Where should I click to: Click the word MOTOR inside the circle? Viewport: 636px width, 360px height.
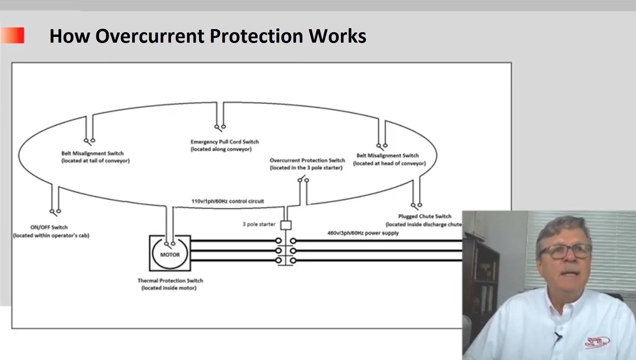(170, 255)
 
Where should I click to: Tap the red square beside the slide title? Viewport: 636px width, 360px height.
(14, 36)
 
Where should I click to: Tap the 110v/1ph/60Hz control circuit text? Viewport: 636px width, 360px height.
(227, 201)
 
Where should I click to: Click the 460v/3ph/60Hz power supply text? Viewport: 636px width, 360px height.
(363, 233)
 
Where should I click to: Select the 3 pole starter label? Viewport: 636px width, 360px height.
(259, 224)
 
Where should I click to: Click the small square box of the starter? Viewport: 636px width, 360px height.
(286, 225)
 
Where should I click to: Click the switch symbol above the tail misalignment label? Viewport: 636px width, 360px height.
(89, 141)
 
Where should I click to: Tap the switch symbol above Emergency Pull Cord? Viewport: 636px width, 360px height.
(220, 127)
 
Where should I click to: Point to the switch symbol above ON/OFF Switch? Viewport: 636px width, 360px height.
(55, 212)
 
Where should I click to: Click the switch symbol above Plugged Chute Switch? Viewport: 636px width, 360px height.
(416, 205)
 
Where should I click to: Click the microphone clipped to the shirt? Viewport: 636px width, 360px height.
(558, 336)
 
